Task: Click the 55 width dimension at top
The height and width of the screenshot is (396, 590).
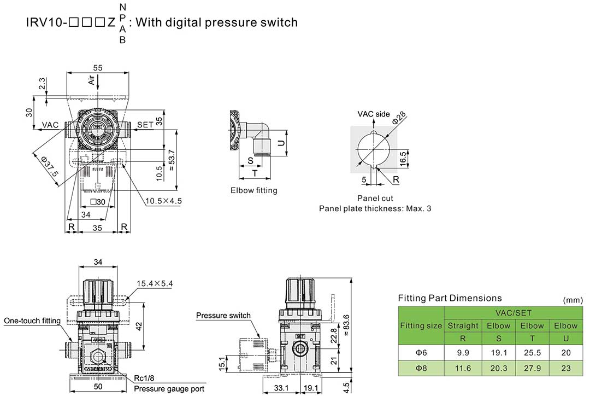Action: [x=98, y=67]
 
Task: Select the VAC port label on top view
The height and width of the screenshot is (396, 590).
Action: [x=50, y=125]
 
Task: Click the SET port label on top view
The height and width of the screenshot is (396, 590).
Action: [x=145, y=125]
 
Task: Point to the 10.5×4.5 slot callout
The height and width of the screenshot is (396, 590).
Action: [x=163, y=201]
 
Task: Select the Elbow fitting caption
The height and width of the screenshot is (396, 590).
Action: [x=253, y=190]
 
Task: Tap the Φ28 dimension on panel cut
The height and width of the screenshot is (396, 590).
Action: [x=399, y=118]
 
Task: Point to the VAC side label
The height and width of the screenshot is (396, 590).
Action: [x=374, y=114]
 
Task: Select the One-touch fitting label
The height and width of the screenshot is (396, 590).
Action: [x=32, y=321]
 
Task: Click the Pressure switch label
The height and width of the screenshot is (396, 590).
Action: [x=223, y=316]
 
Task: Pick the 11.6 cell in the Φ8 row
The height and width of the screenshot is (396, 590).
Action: [x=463, y=368]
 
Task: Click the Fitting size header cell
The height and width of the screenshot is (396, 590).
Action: [x=421, y=325]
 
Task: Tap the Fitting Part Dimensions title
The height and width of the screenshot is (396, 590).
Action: [x=450, y=298]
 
